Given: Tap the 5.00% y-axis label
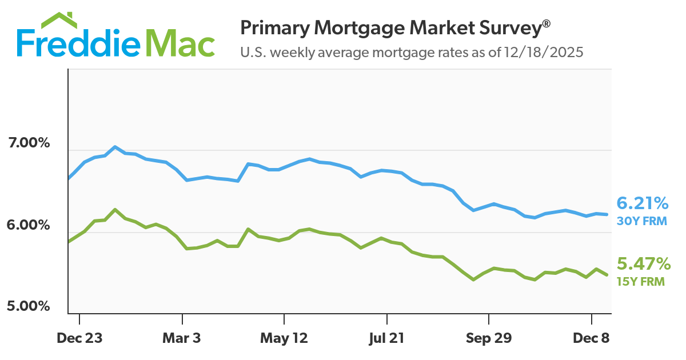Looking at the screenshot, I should (x=30, y=306).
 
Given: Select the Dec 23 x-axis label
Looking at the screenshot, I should (x=79, y=338).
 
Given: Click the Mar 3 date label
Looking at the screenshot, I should (x=182, y=338).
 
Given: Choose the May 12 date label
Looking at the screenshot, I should (x=284, y=338).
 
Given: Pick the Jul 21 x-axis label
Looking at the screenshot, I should (x=387, y=338).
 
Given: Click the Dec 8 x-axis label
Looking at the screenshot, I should (x=591, y=338).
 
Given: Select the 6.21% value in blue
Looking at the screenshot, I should (x=642, y=203).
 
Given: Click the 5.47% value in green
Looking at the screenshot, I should (x=643, y=263).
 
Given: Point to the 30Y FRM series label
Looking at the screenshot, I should (x=641, y=221).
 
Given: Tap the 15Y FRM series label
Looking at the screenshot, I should (x=641, y=281).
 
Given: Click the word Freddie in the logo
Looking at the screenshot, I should (x=80, y=43).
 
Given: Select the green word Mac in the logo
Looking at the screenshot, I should (x=181, y=43).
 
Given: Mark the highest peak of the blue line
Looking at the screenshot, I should (x=115, y=147).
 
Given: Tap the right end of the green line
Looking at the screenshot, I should (x=607, y=275).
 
